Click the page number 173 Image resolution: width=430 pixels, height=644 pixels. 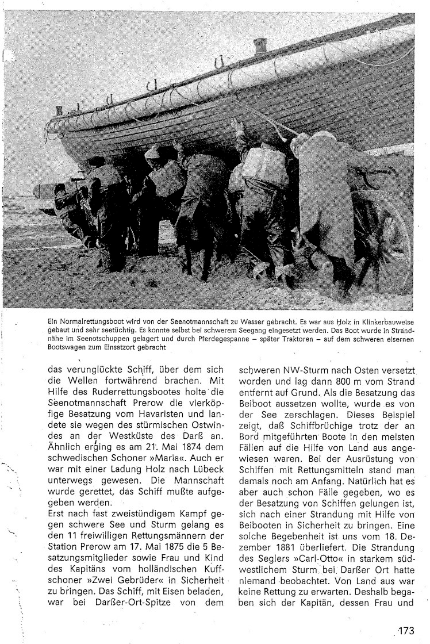click(405, 630)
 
